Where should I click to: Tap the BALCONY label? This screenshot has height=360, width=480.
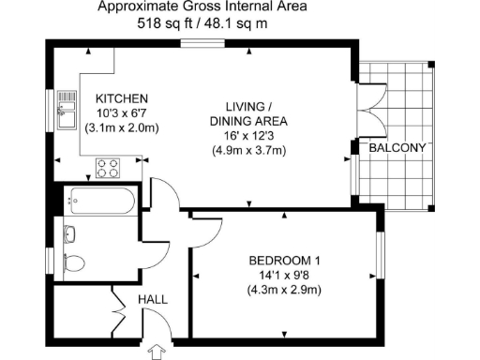pyautogui.click(x=397, y=148)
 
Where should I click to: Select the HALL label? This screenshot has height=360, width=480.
pyautogui.click(x=153, y=299)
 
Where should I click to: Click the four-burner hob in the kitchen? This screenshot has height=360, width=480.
pyautogui.click(x=109, y=168)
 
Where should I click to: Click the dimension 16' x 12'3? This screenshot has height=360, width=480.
pyautogui.click(x=248, y=136)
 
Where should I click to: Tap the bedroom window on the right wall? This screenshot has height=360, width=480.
pyautogui.click(x=382, y=254)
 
